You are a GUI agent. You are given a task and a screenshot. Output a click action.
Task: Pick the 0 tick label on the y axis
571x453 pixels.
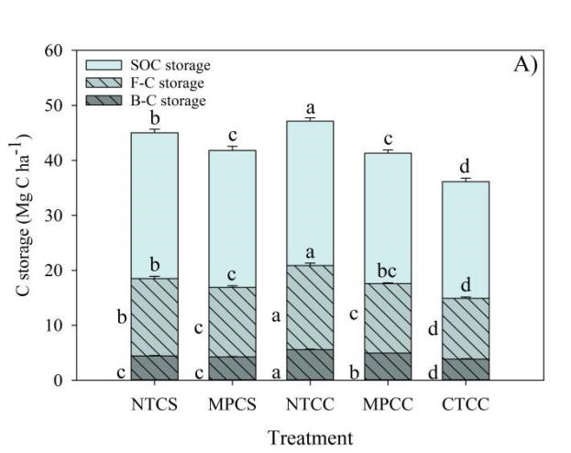59,381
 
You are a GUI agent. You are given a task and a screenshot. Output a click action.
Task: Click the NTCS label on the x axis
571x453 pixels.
155,403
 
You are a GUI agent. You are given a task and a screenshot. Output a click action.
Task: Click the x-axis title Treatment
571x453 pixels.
310,438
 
